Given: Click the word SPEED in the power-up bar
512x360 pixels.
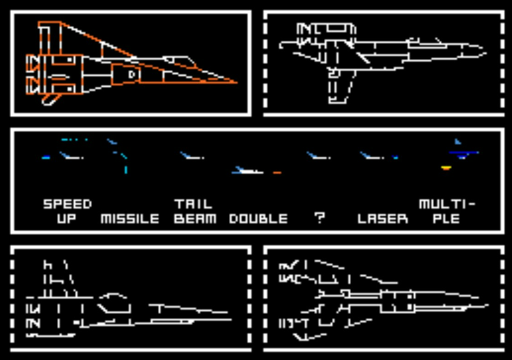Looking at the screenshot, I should point(67,204).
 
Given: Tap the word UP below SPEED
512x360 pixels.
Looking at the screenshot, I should point(67,219).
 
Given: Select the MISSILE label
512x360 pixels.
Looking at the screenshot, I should point(130,219).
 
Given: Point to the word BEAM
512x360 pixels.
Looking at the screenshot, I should point(195,219).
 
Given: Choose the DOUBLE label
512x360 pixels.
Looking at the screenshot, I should point(258,219).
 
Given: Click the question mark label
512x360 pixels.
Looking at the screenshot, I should point(319,218).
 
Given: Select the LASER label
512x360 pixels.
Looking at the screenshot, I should point(383,219).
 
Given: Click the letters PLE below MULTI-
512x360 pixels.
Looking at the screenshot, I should point(442,219).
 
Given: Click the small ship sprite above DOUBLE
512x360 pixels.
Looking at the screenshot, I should point(246,170).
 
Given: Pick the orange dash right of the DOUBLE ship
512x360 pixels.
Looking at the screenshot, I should point(277,172).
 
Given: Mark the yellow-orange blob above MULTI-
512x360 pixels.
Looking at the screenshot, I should point(446,167).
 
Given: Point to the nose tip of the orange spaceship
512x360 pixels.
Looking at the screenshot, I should point(236,82).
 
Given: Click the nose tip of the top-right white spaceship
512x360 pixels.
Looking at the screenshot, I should point(485,48).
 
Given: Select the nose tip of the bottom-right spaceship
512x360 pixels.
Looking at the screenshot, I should point(487,305).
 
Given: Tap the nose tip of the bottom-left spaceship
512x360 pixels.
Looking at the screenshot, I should point(230,320).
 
